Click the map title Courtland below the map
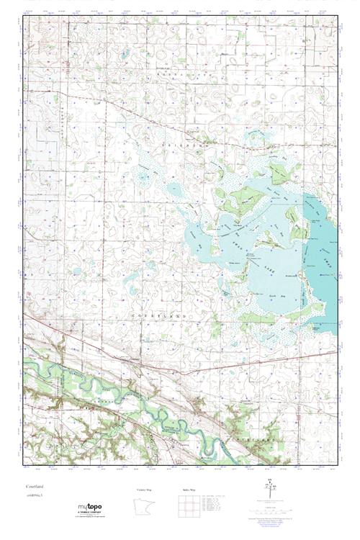[x=35, y=487]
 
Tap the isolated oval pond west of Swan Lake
[x=174, y=189]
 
